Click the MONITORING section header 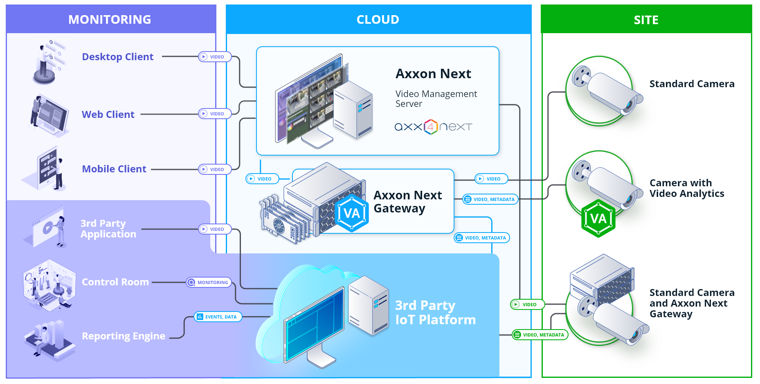click(110, 19)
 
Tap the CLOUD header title click(378, 19)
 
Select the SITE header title click(646, 20)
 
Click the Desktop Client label click(117, 57)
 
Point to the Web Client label click(108, 115)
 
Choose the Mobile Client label click(114, 169)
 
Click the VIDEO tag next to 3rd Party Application click(214, 229)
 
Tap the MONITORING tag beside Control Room click(209, 282)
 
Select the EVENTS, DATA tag click(218, 317)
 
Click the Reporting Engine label click(124, 336)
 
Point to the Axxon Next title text click(433, 74)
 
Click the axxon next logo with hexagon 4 click(433, 127)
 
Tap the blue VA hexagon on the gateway click(351, 213)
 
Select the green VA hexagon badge click(598, 219)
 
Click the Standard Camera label click(692, 84)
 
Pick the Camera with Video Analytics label click(686, 188)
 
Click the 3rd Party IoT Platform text click(435, 312)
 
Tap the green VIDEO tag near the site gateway click(527, 305)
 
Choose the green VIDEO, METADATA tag click(540, 335)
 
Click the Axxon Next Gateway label click(407, 202)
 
